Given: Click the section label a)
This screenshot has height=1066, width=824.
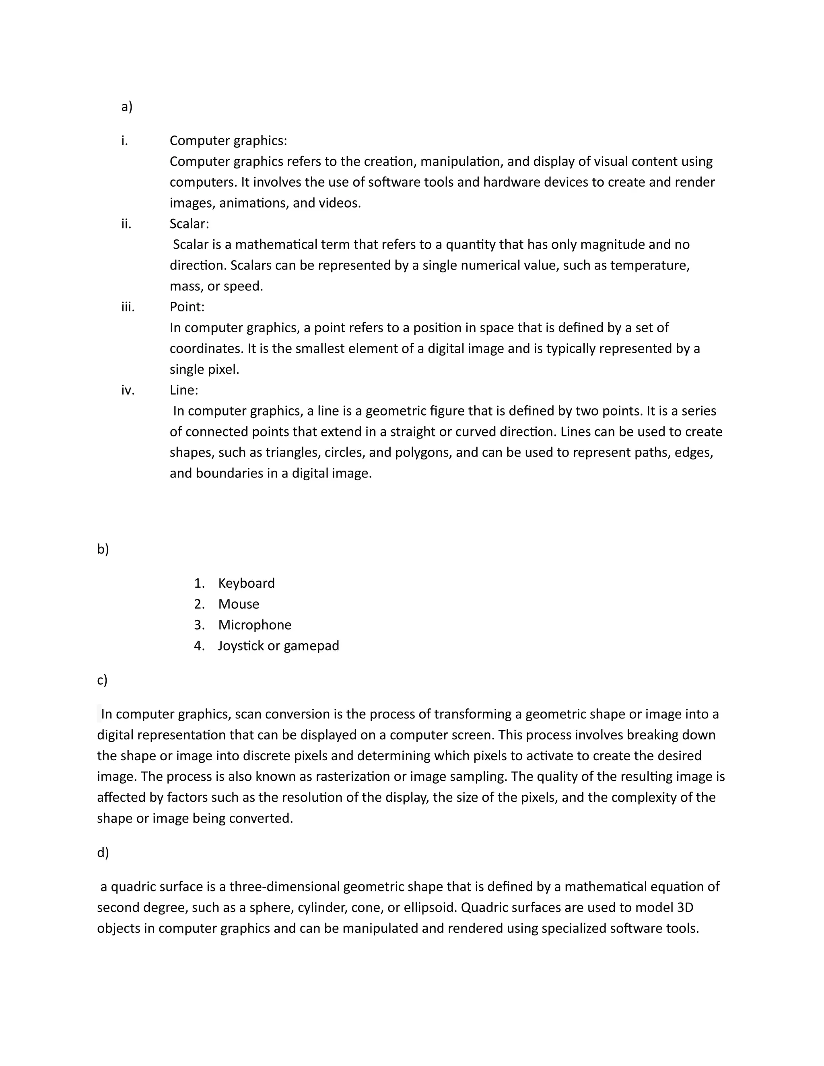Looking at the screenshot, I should (126, 107).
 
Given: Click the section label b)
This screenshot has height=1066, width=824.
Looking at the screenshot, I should (103, 549).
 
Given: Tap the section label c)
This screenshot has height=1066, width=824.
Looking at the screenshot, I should (102, 680).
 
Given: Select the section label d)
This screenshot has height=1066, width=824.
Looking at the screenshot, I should (103, 852).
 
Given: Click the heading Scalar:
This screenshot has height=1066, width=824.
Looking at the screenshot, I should (189, 224).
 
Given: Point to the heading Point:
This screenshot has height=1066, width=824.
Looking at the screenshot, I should (187, 307).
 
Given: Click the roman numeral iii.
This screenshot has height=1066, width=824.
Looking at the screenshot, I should (128, 307).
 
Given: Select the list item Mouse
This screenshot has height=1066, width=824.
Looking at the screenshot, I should (238, 604).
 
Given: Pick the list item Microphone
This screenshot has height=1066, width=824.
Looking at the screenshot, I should (254, 625).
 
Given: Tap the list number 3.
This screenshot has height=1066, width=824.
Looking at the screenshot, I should (199, 625).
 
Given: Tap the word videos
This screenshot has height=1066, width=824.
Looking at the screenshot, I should (340, 203).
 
